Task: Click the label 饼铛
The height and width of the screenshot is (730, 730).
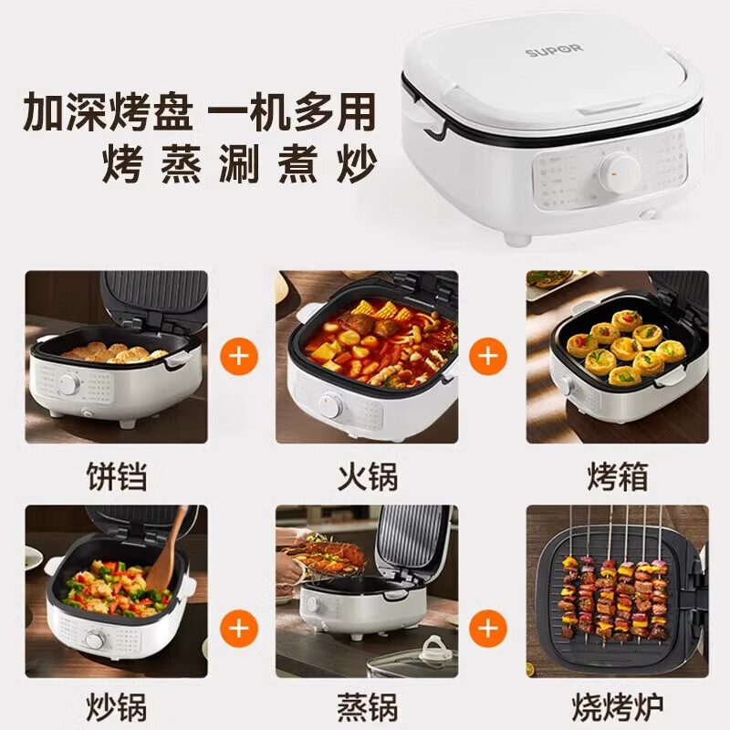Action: [116, 474]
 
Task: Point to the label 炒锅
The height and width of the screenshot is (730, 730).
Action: [116, 705]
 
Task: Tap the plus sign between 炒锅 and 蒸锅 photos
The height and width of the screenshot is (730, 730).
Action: [240, 628]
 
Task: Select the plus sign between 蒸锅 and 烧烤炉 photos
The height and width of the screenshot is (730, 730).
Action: [490, 628]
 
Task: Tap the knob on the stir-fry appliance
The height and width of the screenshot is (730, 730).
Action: [94, 640]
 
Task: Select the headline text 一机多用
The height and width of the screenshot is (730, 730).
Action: [292, 113]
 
